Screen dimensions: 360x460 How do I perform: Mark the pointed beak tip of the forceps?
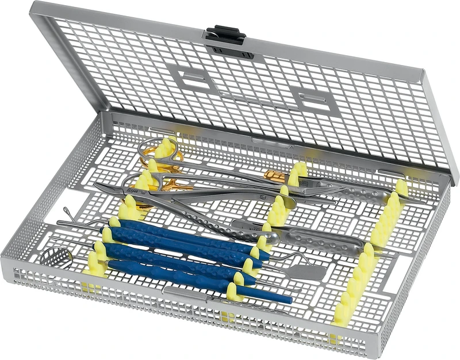pyautogui.click(x=104, y=187)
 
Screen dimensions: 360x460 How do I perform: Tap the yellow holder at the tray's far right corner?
pyautogui.click(x=401, y=187)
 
